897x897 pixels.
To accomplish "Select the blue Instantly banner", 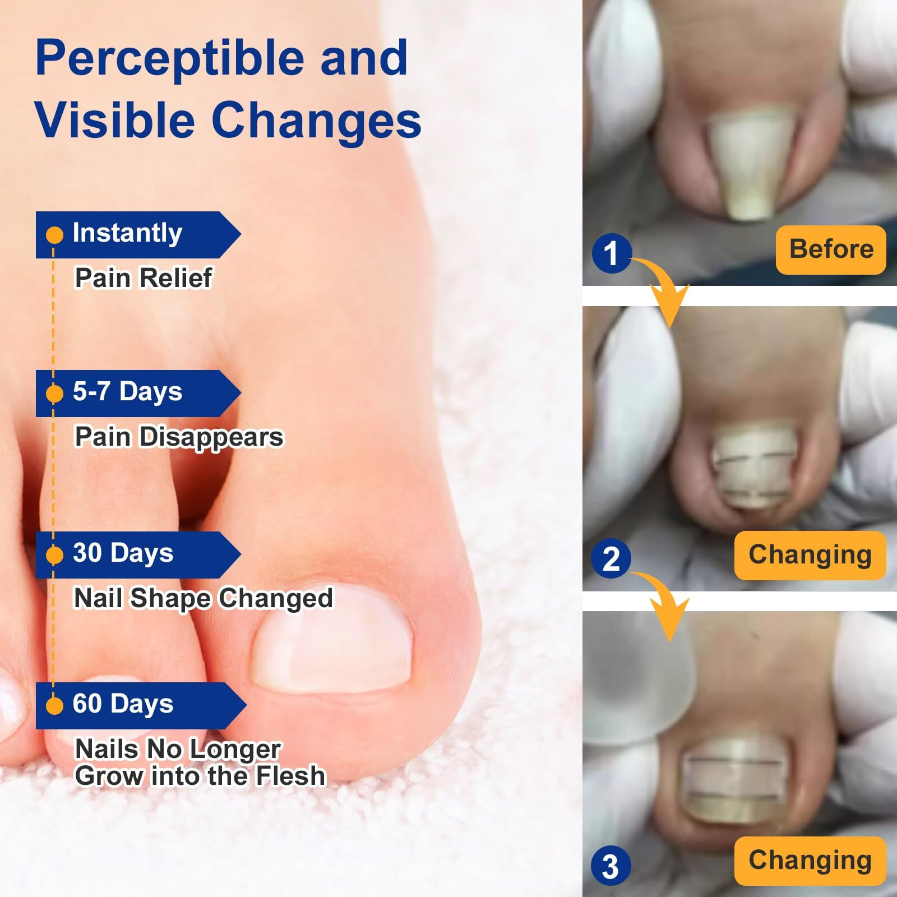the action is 138,235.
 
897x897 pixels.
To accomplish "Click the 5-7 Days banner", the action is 138,393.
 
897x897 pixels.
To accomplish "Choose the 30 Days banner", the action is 138,554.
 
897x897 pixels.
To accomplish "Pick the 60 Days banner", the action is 141,705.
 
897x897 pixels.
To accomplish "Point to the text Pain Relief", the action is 144,278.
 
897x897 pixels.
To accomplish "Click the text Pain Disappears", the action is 179,437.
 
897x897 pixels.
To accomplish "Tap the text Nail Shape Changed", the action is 204,598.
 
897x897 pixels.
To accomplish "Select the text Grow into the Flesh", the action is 200,776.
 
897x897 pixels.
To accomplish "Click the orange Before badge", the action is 831,249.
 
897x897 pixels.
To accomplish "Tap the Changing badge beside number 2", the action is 810,555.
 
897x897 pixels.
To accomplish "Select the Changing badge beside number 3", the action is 810,861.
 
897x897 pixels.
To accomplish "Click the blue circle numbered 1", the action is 611,253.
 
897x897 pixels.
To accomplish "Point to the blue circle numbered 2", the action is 611,559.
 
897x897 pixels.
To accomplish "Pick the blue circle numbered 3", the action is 611,865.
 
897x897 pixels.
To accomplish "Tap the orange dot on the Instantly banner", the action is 54,235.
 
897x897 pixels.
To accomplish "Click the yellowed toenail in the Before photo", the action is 750,163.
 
